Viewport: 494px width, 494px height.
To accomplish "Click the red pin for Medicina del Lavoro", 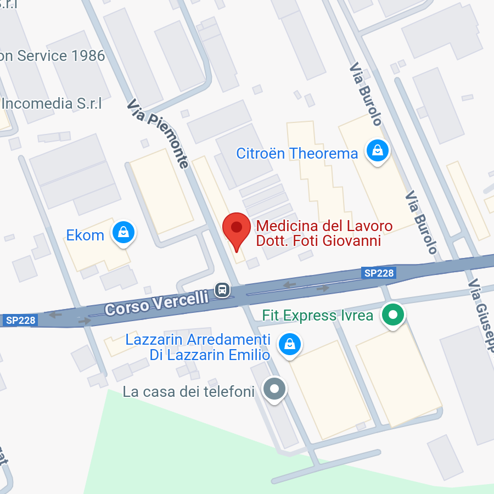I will click(x=237, y=228).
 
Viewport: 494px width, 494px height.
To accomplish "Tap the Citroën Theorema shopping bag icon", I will click(x=378, y=149).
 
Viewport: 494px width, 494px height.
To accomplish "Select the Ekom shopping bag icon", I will click(x=124, y=232).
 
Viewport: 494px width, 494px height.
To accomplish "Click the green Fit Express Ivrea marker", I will click(x=393, y=315).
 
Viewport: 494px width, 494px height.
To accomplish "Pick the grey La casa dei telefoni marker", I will click(x=275, y=389).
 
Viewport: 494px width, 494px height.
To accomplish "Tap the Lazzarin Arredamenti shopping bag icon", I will click(x=289, y=344).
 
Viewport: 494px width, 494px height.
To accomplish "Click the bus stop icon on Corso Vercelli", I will click(x=222, y=289).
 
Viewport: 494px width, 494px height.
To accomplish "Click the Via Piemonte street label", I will click(x=159, y=133).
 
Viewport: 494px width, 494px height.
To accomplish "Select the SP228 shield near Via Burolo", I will click(x=379, y=273).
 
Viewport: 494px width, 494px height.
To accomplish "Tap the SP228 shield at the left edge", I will click(x=20, y=320).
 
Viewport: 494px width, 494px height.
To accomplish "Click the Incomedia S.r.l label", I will click(x=52, y=103).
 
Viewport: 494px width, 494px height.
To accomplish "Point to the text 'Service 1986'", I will click(x=61, y=56).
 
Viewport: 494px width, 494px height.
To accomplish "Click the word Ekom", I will click(x=85, y=235).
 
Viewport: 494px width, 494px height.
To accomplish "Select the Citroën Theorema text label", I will click(x=297, y=153).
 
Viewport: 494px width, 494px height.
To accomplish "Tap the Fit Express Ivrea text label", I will click(x=318, y=316).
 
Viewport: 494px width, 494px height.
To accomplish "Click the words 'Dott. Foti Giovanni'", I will click(x=318, y=241).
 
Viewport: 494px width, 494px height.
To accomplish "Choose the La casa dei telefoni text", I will click(x=189, y=392).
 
